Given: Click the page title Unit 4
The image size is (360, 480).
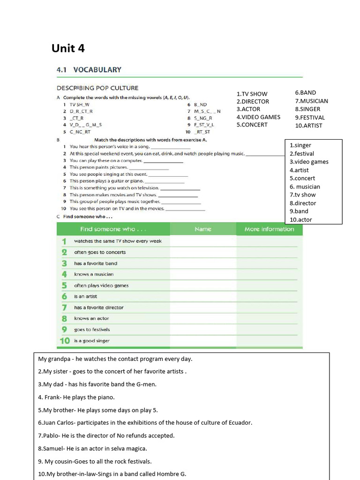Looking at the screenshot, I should pyautogui.click(x=68, y=48).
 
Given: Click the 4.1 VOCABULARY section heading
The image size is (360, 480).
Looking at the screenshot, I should pyautogui.click(x=89, y=70).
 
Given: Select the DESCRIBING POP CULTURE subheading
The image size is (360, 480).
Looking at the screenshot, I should pyautogui.click(x=97, y=88).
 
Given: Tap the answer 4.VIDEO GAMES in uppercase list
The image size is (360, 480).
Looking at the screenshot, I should pyautogui.click(x=258, y=117).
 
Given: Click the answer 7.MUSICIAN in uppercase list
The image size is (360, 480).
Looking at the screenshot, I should pyautogui.click(x=311, y=101).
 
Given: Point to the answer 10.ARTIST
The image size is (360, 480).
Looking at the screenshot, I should pyautogui.click(x=308, y=126).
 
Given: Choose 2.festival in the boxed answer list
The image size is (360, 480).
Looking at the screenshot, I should pyautogui.click(x=301, y=154).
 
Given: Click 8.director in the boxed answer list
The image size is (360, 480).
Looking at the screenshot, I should pyautogui.click(x=302, y=203).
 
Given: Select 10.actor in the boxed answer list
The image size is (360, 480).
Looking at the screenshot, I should pyautogui.click(x=300, y=219).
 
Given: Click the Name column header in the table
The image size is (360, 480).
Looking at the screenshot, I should pyautogui.click(x=202, y=229).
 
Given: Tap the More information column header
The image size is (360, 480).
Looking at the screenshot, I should pyautogui.click(x=269, y=229).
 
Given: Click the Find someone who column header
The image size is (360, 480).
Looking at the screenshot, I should pyautogui.click(x=107, y=229).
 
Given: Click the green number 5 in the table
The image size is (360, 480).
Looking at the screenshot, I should pyautogui.click(x=64, y=285).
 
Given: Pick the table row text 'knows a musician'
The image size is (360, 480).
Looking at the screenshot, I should pyautogui.click(x=94, y=274).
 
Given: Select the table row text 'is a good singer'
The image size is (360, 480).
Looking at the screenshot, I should pyautogui.click(x=91, y=341).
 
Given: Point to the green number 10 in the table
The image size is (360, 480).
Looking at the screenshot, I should pyautogui.click(x=64, y=341).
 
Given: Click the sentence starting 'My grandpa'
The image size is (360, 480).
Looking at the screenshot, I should pyautogui.click(x=115, y=359).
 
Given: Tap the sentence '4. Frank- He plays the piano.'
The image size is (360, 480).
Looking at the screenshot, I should pyautogui.click(x=76, y=397).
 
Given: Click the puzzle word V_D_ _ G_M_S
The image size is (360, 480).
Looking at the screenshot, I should pyautogui.click(x=85, y=125).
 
